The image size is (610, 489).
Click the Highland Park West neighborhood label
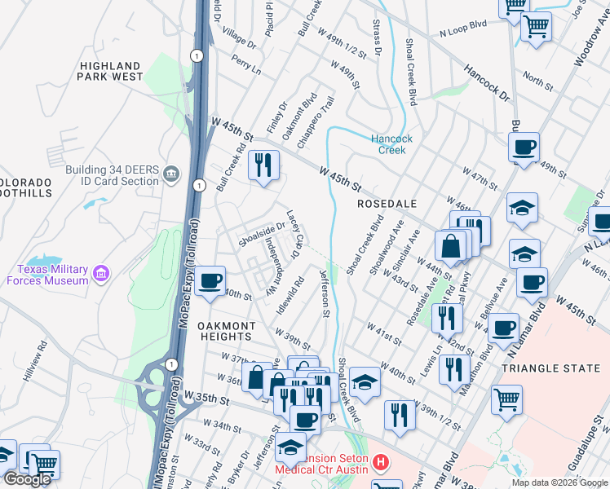110,71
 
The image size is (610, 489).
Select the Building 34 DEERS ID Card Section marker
171,173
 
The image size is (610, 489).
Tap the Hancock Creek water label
392,144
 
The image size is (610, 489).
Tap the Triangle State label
550,368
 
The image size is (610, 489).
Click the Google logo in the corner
28,479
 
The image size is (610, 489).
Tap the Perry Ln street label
245,64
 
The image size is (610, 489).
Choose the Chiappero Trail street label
316,121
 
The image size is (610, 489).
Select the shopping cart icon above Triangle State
506,399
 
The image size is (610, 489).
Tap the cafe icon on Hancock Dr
524,148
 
